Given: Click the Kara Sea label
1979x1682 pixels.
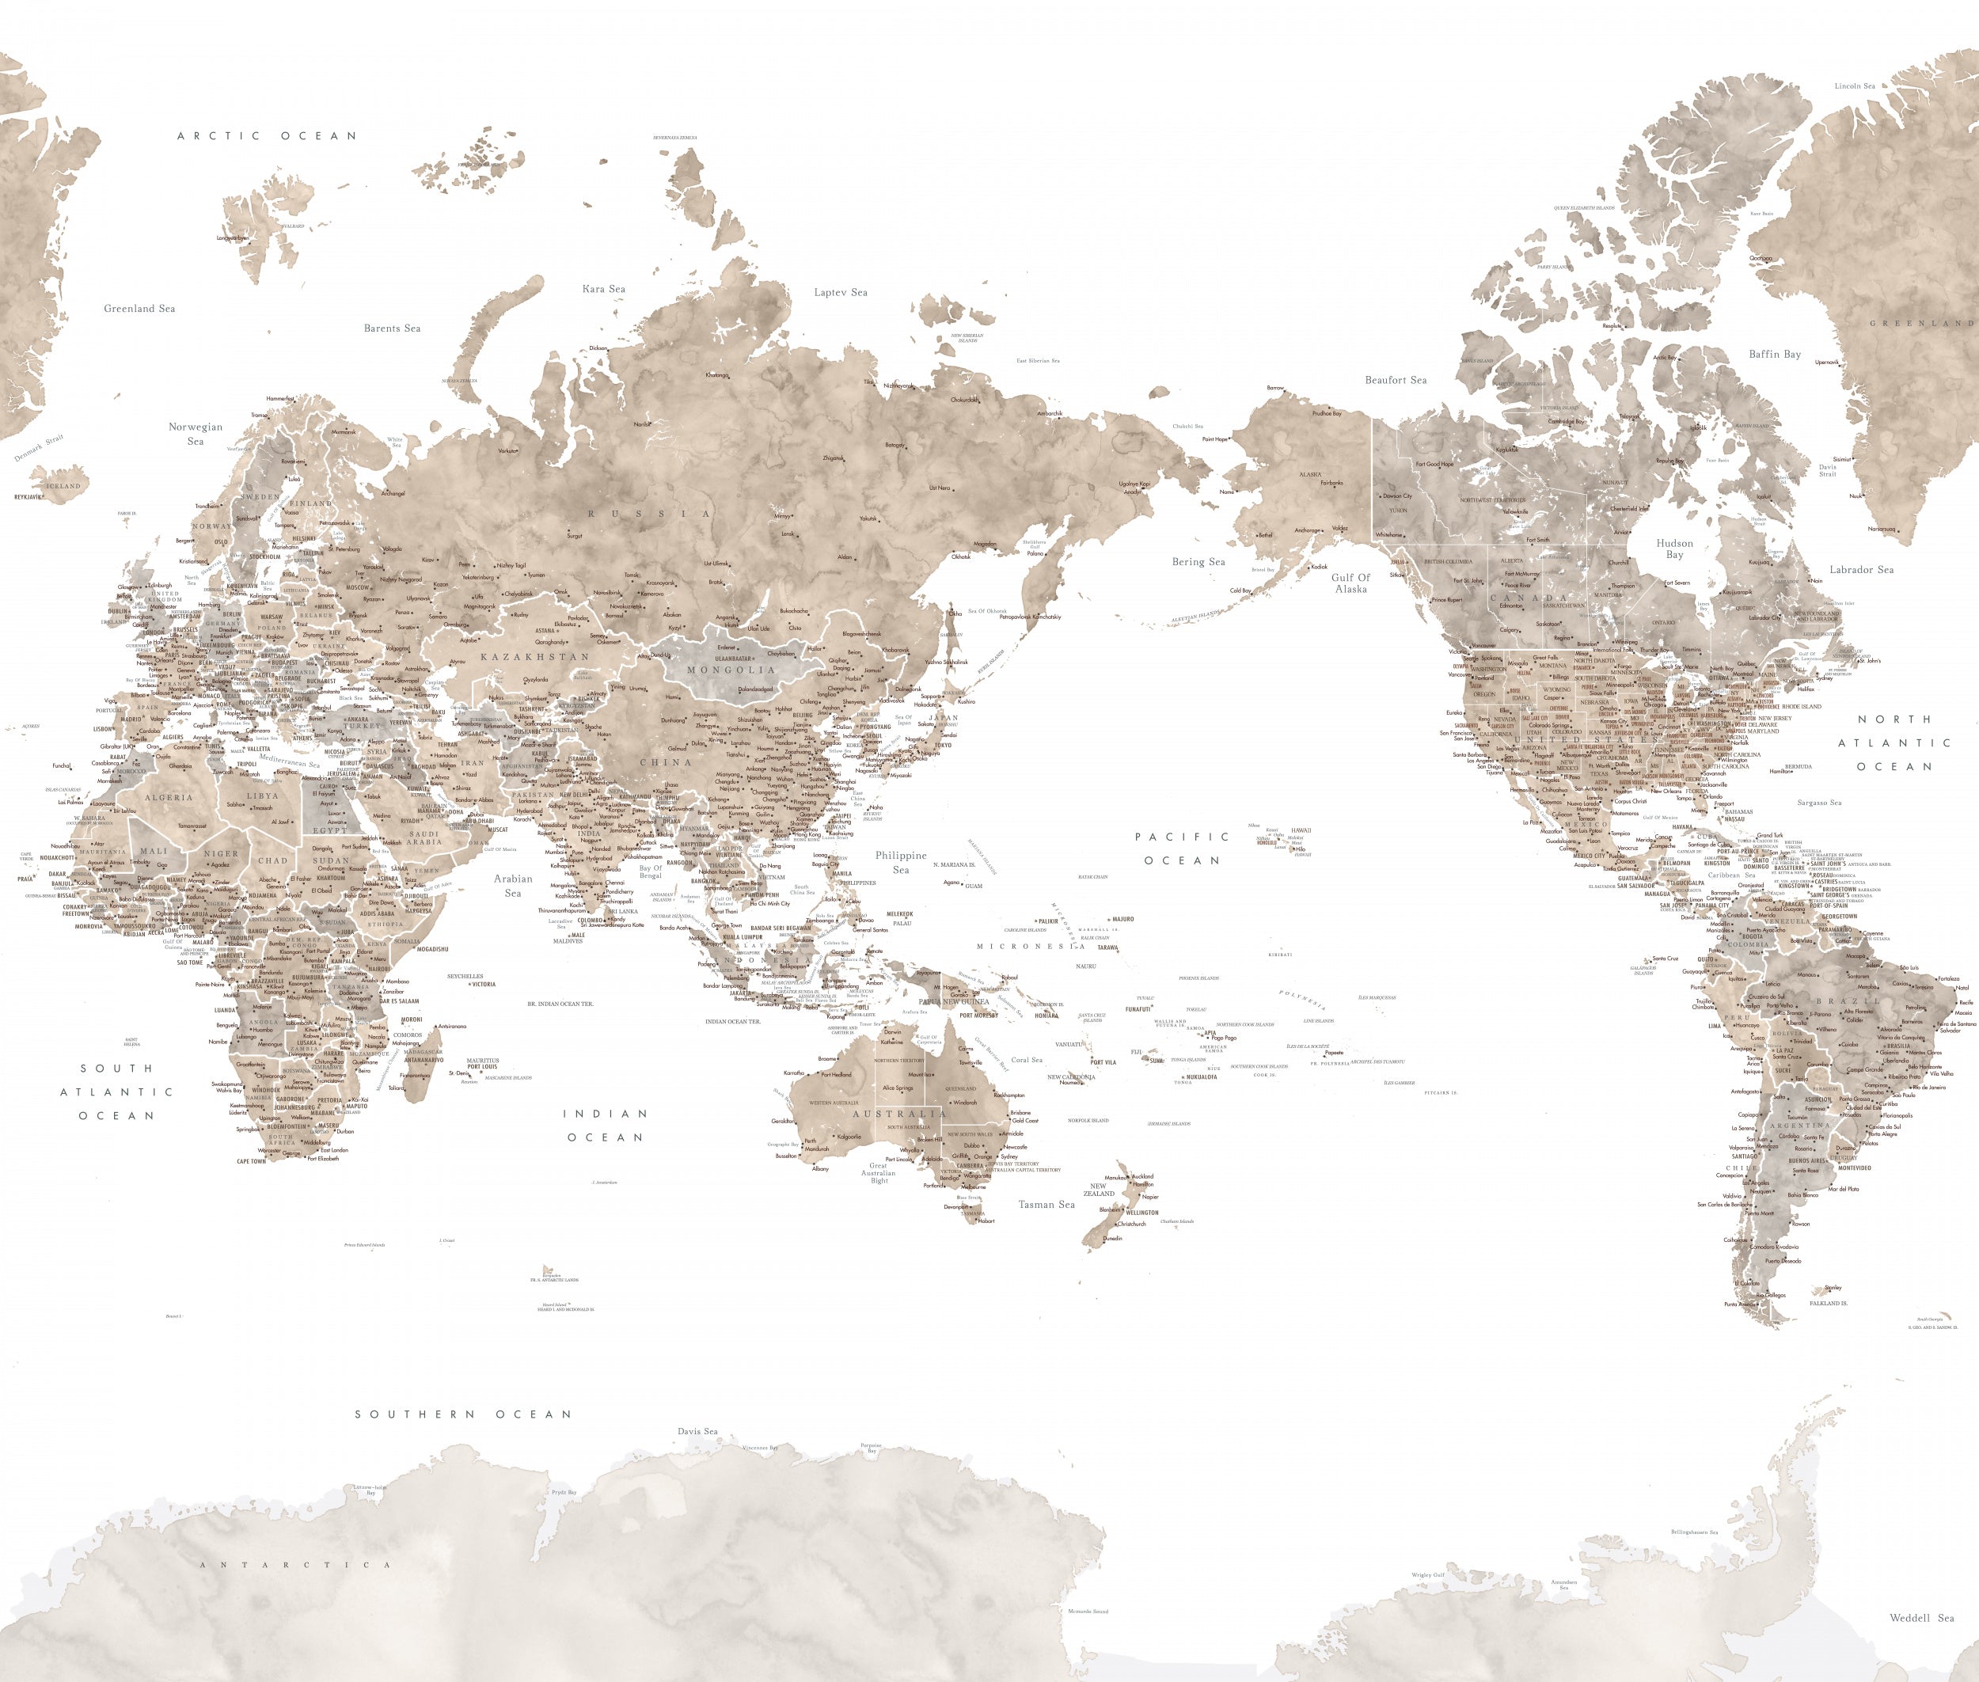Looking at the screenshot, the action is point(604,289).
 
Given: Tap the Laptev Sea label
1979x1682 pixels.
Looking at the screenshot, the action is point(840,293).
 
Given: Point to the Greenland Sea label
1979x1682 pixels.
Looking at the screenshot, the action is point(139,309).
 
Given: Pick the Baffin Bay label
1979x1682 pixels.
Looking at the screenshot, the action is point(1774,355).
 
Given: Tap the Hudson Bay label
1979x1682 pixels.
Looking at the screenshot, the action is point(1675,549).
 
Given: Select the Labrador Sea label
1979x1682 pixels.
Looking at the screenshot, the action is point(1861,570).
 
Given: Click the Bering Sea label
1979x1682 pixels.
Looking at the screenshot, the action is point(1198,563).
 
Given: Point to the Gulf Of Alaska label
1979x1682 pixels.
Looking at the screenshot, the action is point(1350,583).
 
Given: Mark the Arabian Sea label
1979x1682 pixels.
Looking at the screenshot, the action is point(513,886).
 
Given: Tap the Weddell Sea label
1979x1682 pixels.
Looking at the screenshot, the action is point(1922,1618).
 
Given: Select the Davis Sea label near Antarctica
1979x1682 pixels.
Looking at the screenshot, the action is point(697,1431).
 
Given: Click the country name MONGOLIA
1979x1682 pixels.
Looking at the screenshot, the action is point(731,670).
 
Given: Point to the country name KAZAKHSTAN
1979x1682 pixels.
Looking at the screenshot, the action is point(535,657).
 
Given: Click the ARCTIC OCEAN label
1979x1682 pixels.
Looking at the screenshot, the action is point(267,136).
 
